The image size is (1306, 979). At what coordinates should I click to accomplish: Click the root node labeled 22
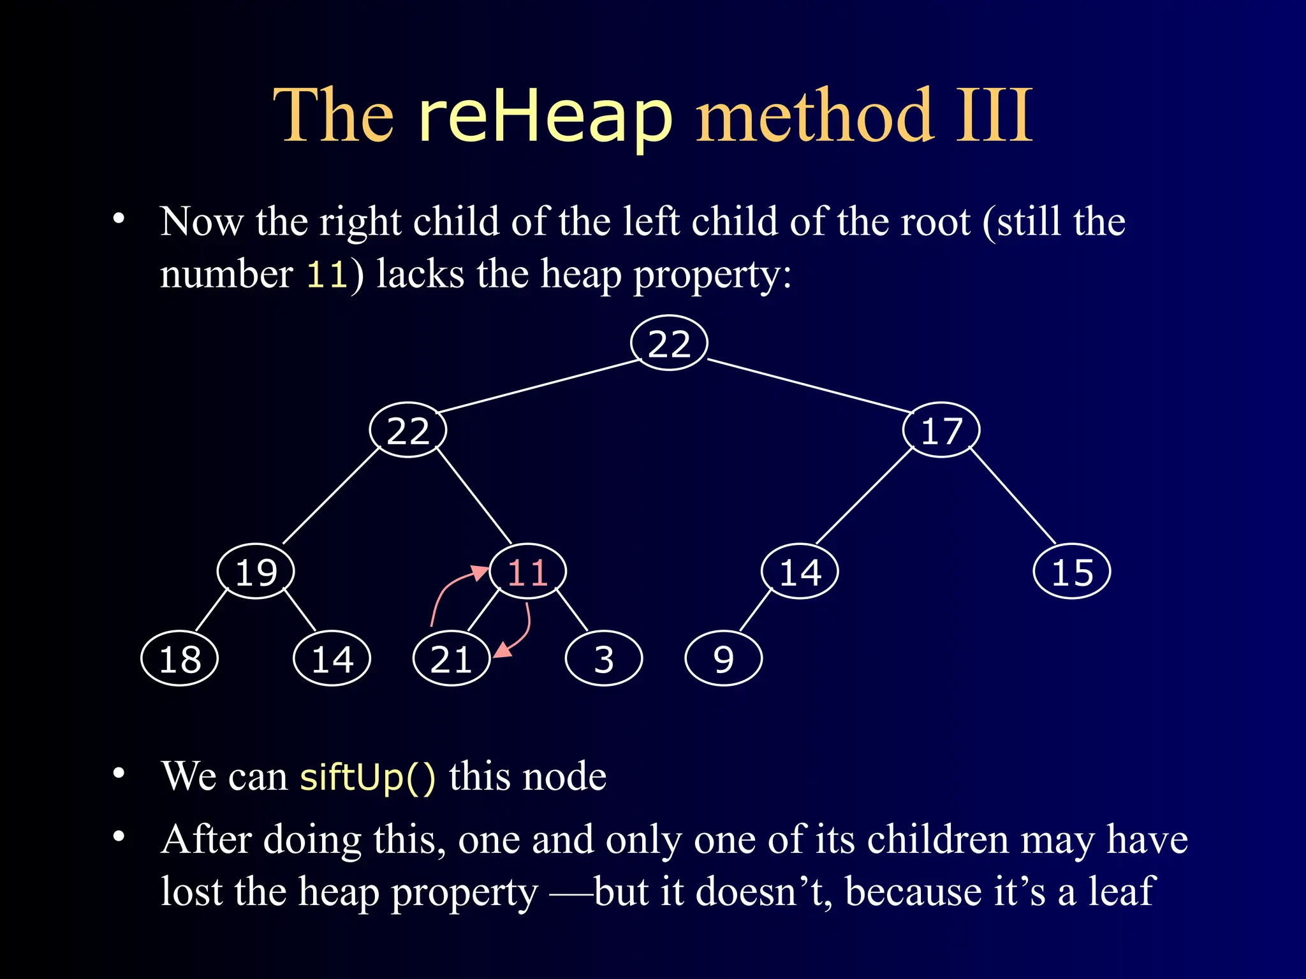669,344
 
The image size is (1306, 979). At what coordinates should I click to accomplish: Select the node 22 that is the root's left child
408,430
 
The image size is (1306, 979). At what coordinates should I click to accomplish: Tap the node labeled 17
941,430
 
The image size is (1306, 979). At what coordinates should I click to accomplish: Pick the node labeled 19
256,572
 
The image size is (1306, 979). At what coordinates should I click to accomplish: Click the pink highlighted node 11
528,572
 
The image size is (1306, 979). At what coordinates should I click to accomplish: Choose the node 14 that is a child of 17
800,572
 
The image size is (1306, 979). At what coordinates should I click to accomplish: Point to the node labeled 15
1072,572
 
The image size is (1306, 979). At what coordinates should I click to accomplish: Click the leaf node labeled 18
180,658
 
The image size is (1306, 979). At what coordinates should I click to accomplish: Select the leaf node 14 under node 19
332,658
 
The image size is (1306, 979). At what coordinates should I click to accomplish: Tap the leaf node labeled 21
451,658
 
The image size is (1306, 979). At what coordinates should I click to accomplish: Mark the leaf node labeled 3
604,658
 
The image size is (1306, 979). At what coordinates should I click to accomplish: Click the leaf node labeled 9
723,658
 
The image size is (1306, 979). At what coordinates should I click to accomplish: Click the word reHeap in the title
545,118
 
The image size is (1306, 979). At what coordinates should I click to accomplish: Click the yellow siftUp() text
368,777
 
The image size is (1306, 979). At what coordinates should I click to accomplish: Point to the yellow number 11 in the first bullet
326,275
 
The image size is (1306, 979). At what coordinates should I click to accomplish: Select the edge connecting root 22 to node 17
810,386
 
